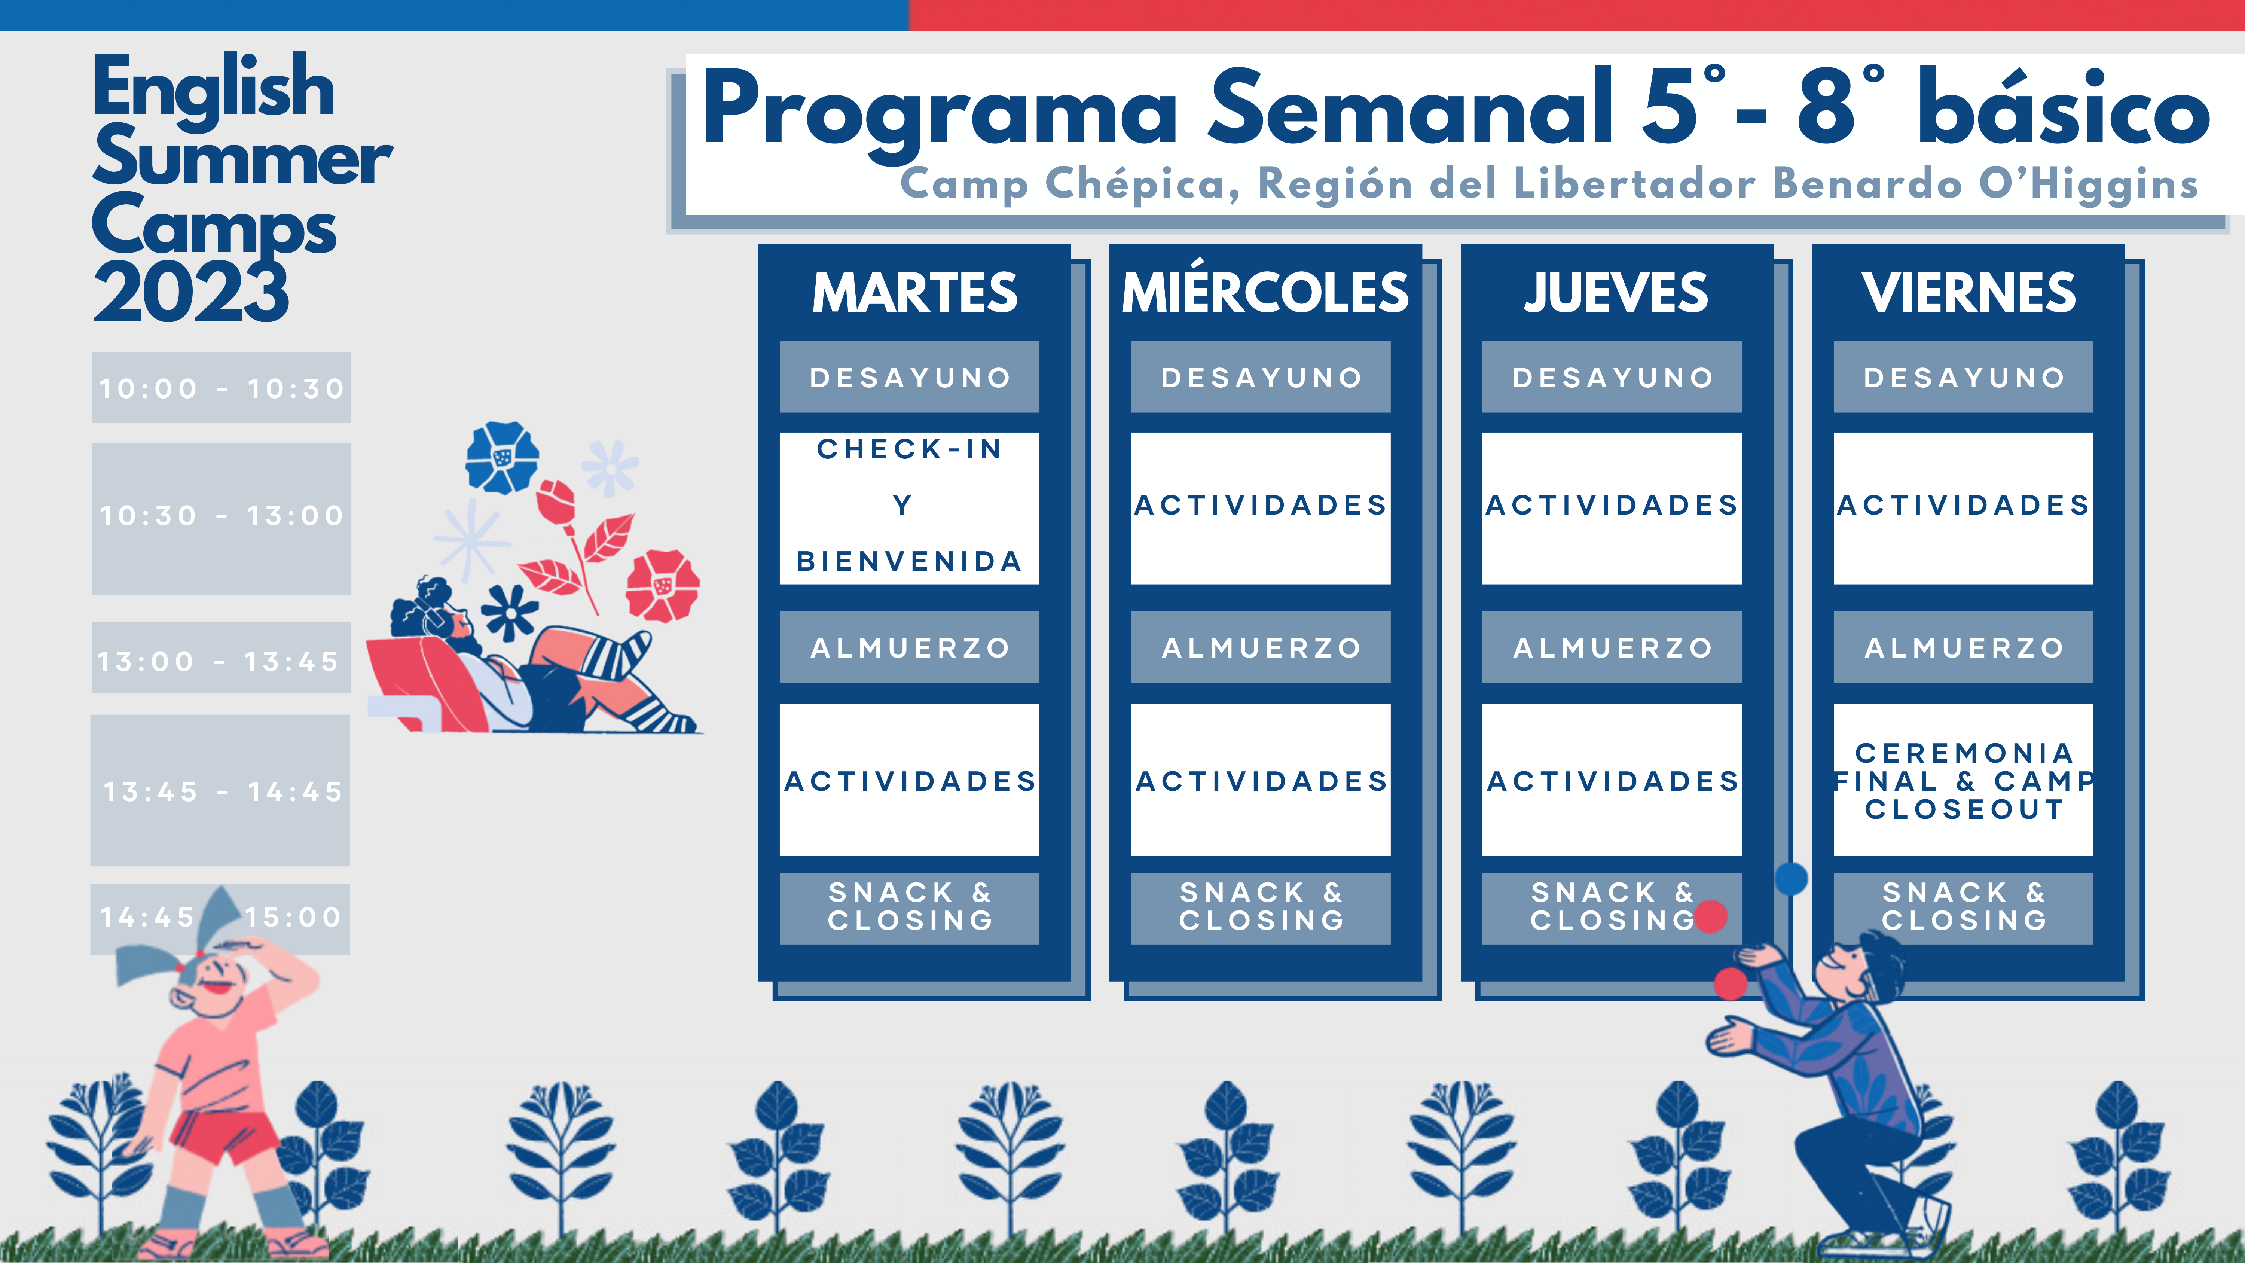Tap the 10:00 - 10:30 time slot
[222, 388]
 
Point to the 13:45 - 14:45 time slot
[220, 791]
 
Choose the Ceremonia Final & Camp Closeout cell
[1964, 780]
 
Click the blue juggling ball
[1791, 878]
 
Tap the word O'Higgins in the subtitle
[2088, 184]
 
